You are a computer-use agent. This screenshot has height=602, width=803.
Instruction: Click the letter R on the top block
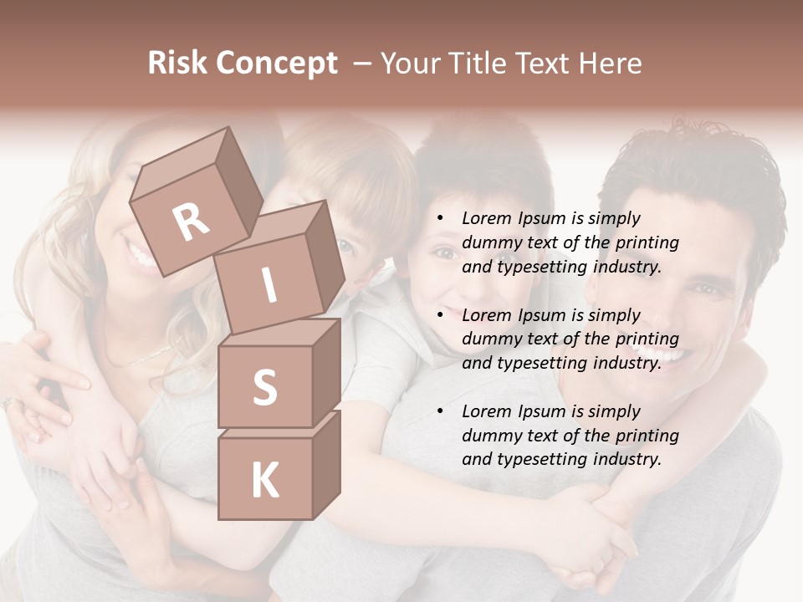point(192,222)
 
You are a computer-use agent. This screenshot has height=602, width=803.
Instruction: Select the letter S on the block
point(264,387)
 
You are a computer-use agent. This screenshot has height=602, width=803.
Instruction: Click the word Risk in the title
point(177,64)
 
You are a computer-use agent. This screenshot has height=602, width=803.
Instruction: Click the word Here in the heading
point(610,64)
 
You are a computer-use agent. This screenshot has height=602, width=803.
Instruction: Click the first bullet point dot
point(441,219)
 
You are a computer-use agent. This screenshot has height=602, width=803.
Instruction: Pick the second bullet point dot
point(441,315)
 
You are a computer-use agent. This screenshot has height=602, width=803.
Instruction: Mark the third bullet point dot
point(441,411)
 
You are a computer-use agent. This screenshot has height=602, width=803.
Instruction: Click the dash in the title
point(362,64)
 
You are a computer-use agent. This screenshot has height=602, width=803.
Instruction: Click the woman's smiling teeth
point(141,253)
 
